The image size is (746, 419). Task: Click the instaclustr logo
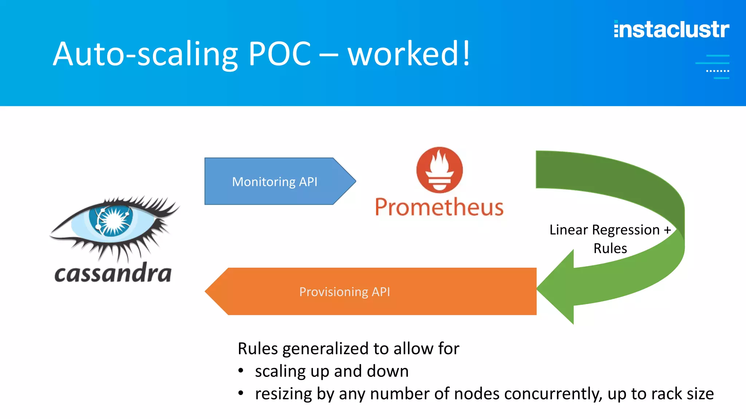point(671,29)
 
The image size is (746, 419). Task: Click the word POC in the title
point(279,54)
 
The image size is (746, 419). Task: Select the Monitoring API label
point(275,181)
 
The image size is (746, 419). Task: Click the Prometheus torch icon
point(440,169)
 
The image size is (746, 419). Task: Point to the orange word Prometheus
point(439,207)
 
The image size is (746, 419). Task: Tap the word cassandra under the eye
point(113,274)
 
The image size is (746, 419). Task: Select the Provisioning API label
point(345,292)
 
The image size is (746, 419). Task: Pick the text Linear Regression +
point(610,230)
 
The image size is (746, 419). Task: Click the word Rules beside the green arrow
point(610,248)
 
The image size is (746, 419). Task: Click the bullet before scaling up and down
point(241,371)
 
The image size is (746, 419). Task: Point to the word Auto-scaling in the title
point(145,54)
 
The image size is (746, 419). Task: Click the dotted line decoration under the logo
point(717,71)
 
